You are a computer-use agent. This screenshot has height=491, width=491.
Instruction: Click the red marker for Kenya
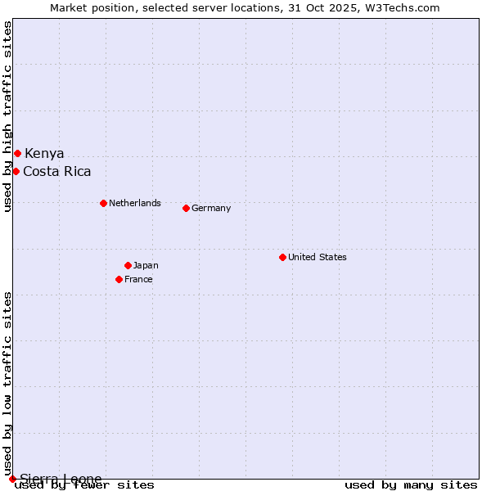(x=17, y=153)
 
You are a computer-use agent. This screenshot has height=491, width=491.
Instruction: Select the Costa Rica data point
(x=16, y=171)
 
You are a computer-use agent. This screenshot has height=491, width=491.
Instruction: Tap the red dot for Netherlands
(x=103, y=203)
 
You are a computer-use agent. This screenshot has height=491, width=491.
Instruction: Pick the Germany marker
(x=186, y=208)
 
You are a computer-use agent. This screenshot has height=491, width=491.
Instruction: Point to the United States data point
(x=282, y=257)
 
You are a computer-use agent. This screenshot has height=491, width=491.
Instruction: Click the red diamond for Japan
(x=128, y=265)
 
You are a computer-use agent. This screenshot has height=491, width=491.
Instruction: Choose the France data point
(x=119, y=279)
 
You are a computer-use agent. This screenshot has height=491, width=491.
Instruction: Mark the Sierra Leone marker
(x=12, y=479)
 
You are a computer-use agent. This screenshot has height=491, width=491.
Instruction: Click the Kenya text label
(x=44, y=154)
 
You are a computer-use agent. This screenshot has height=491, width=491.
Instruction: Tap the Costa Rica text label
(x=57, y=172)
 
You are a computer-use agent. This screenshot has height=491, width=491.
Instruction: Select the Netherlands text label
(x=135, y=203)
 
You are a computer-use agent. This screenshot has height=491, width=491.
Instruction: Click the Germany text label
(x=211, y=208)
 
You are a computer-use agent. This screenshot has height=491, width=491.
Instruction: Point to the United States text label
(x=318, y=257)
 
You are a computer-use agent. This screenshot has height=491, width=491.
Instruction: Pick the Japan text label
(x=146, y=265)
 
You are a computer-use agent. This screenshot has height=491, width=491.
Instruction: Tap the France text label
(x=138, y=279)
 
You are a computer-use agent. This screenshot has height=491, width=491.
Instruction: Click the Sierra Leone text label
(x=61, y=479)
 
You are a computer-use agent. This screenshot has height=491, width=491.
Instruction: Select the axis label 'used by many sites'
(x=411, y=485)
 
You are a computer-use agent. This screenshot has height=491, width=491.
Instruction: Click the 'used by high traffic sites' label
(x=7, y=117)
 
